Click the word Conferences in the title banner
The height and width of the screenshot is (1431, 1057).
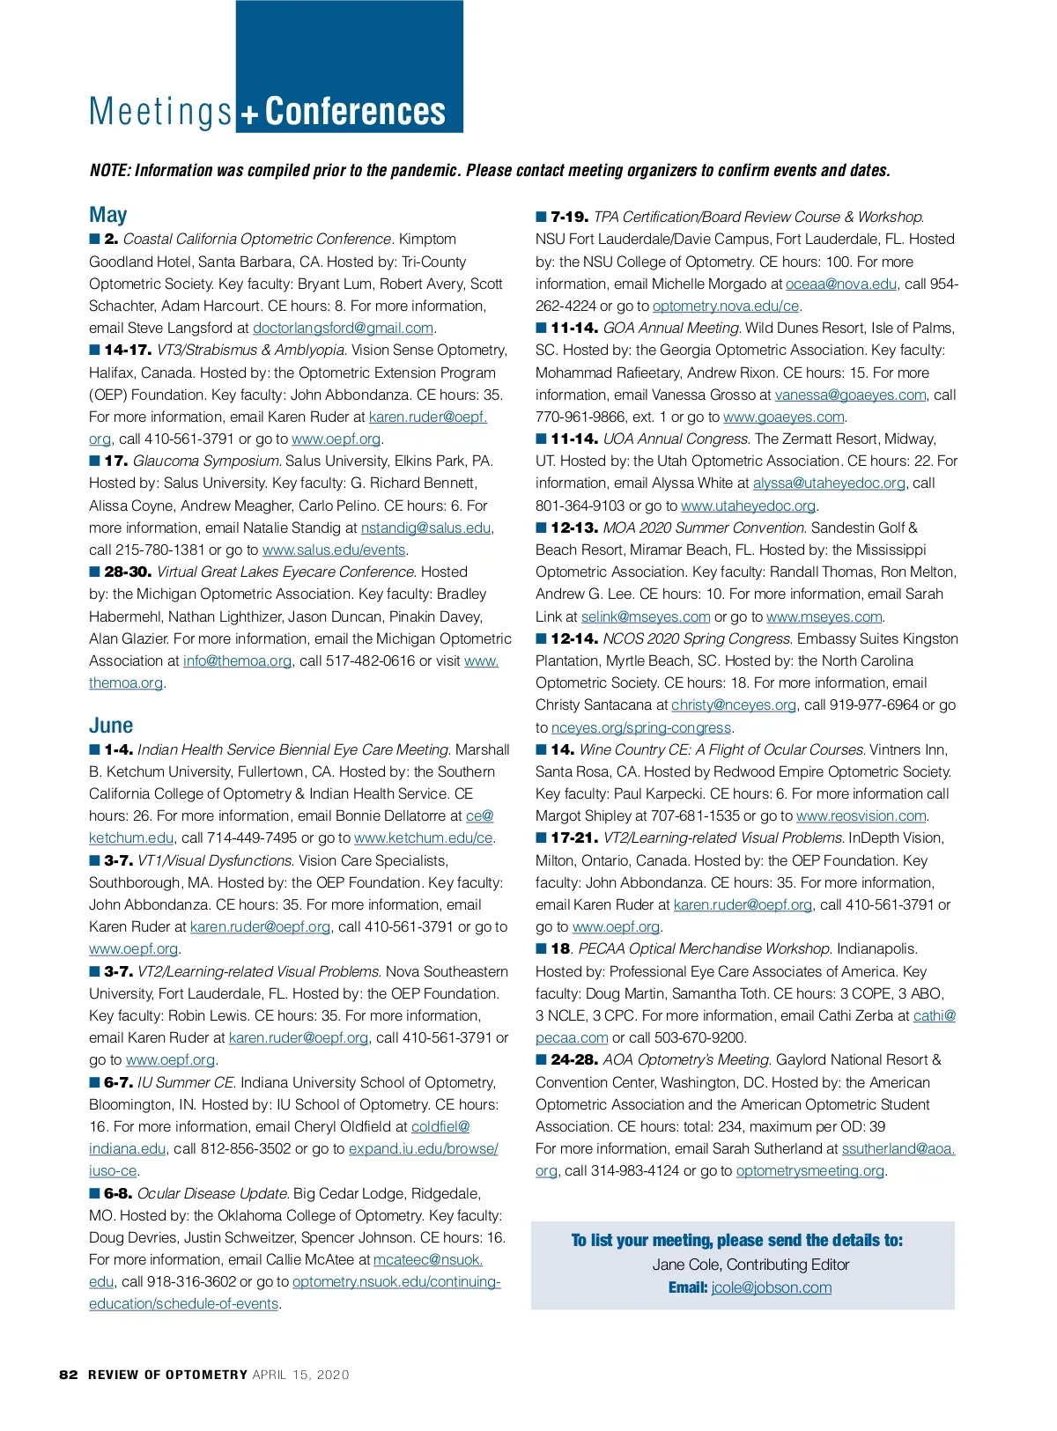(355, 112)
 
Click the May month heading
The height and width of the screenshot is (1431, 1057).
(108, 215)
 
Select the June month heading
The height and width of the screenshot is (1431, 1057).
(111, 726)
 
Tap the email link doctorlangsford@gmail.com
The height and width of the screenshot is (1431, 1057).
(343, 328)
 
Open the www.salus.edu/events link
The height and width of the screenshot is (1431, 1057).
(334, 550)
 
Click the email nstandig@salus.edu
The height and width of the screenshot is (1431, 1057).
(425, 528)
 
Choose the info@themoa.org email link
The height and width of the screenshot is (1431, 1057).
(237, 661)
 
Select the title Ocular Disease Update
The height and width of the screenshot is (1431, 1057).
(213, 1194)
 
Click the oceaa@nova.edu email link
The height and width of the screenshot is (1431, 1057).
(841, 284)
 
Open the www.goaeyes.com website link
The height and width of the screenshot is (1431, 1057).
(783, 417)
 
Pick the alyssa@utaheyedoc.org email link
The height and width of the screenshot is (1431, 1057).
(829, 483)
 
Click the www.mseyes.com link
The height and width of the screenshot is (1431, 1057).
(824, 617)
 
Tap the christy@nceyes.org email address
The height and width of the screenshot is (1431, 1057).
(734, 705)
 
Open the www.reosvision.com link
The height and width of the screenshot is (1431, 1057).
(861, 816)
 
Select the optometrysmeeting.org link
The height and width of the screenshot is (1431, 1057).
(809, 1171)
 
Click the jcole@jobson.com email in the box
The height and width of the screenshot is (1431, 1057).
(771, 1287)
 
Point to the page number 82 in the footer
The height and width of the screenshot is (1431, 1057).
(69, 1375)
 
